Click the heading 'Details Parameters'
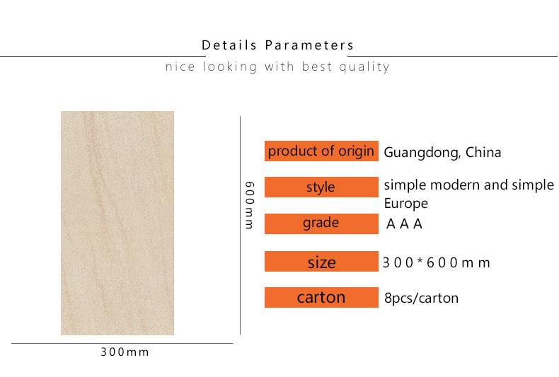click(277, 45)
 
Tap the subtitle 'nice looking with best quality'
click(277, 66)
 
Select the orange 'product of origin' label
click(321, 151)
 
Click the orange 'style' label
click(321, 187)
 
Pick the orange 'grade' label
click(321, 224)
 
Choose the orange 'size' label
click(321, 262)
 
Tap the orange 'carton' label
click(321, 298)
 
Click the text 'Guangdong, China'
click(442, 153)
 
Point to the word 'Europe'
click(405, 204)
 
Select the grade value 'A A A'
click(404, 224)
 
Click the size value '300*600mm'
click(437, 263)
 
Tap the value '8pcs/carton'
click(422, 298)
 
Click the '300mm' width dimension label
click(125, 352)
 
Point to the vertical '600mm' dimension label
click(250, 205)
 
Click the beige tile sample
click(117, 223)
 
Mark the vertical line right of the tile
click(241, 225)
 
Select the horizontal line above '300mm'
click(122, 344)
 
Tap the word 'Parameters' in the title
click(309, 45)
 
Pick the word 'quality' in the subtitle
click(364, 67)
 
